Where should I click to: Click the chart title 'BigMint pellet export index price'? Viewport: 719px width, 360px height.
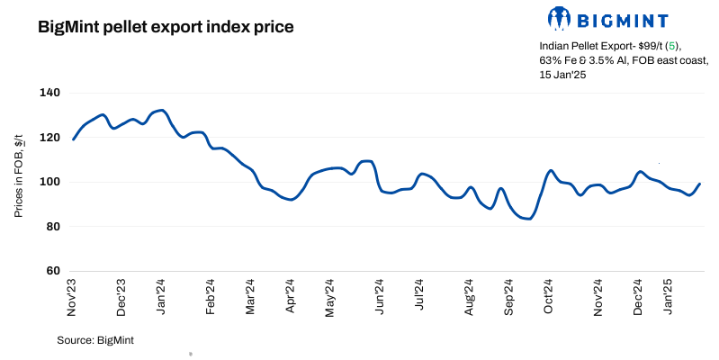(166, 27)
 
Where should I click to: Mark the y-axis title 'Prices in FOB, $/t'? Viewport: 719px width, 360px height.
(19, 182)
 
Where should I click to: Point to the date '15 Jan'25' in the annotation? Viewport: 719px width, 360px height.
(563, 75)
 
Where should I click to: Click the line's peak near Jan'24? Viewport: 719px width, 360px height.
(160, 110)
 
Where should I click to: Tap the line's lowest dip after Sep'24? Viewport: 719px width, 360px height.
(528, 219)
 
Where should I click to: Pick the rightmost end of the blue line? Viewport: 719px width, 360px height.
(700, 184)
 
